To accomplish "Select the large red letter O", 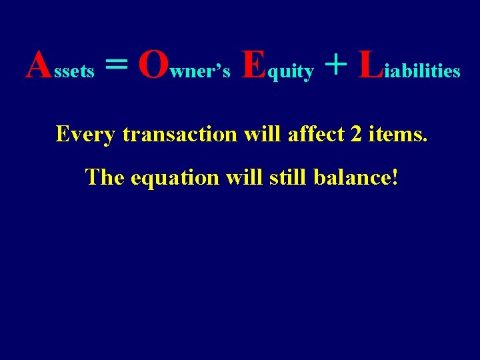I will point(153,65).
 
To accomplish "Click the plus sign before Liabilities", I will point(337,65).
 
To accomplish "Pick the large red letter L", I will point(370,65).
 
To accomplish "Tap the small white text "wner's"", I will point(201,71).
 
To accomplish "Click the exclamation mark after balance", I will point(395,177).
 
